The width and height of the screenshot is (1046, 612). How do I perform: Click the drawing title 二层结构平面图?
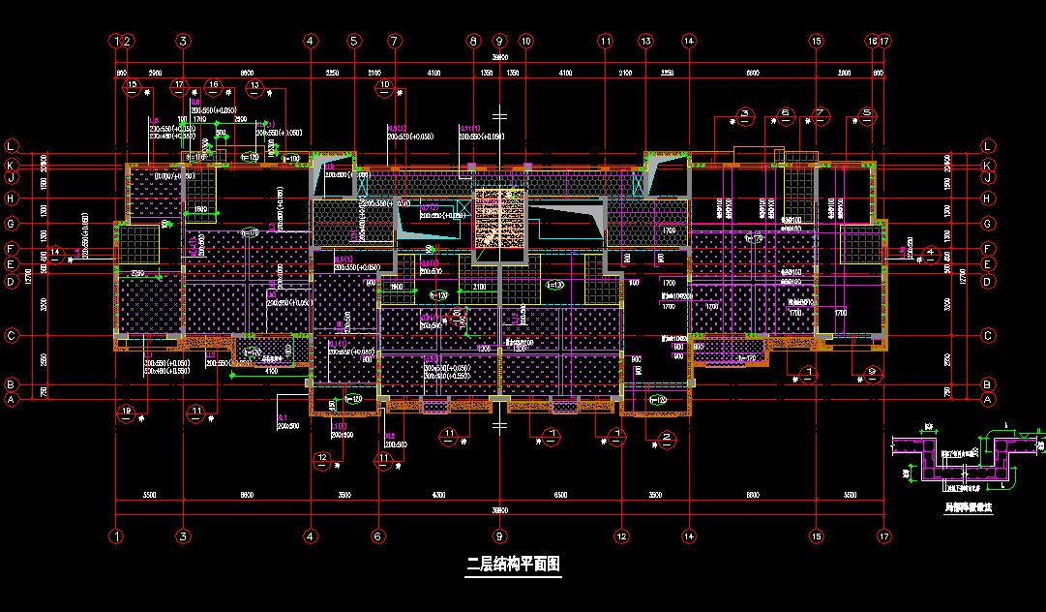coord(513,563)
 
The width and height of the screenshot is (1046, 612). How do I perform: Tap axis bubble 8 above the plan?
coord(473,42)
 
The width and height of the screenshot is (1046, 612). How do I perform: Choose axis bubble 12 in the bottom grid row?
coord(621,535)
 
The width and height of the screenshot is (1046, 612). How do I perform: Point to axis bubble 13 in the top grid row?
coord(645,42)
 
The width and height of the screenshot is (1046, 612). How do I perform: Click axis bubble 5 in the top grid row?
coord(353,42)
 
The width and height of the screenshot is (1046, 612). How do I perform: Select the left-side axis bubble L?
coord(12,146)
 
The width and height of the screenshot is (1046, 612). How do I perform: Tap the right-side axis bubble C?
coord(988,336)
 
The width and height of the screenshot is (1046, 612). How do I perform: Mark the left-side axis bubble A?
coord(12,399)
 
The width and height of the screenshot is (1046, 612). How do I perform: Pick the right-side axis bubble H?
coord(988,199)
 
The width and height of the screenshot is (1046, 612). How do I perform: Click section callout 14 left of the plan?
coord(56,253)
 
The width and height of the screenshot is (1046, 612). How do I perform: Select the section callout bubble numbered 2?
coord(668,438)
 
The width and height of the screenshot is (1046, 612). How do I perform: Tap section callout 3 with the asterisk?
coord(745,114)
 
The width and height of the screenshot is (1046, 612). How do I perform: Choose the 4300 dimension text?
coord(438,494)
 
